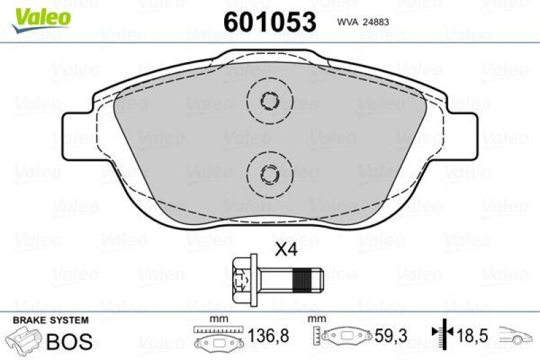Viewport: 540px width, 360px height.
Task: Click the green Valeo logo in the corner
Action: [x=41, y=16]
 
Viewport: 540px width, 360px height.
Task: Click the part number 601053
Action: [x=269, y=22]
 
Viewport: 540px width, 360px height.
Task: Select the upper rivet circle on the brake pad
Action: [x=269, y=101]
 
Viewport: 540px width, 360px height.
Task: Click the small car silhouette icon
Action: [x=516, y=335]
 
